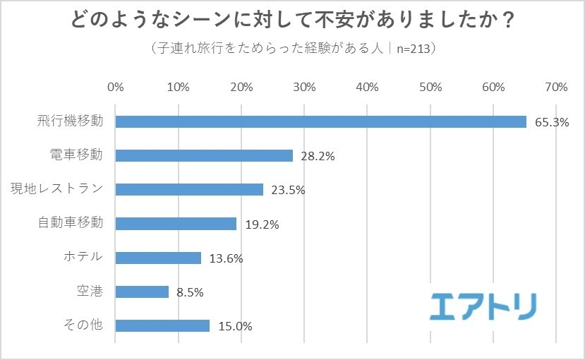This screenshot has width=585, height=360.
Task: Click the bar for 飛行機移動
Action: click(x=320, y=121)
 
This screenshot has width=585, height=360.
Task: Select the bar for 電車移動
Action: click(x=203, y=155)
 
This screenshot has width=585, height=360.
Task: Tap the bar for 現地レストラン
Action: click(x=189, y=189)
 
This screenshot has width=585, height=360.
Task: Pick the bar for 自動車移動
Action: click(x=176, y=224)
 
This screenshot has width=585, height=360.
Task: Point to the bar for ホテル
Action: click(x=158, y=258)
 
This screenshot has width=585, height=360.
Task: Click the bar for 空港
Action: click(x=142, y=292)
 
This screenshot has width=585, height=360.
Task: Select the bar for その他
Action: click(x=162, y=325)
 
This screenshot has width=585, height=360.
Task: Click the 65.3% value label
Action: click(x=552, y=122)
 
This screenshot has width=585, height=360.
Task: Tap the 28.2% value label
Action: click(x=318, y=156)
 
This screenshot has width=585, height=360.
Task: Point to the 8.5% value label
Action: click(x=190, y=292)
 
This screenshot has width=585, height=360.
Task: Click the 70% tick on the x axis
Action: click(x=556, y=88)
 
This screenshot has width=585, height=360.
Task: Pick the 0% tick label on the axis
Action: click(x=115, y=88)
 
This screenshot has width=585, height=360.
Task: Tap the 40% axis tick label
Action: click(x=367, y=88)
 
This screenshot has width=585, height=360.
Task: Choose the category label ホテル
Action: click(x=83, y=257)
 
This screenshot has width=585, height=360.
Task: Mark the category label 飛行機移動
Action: click(x=70, y=121)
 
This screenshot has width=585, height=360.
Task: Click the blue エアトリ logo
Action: click(x=483, y=306)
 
